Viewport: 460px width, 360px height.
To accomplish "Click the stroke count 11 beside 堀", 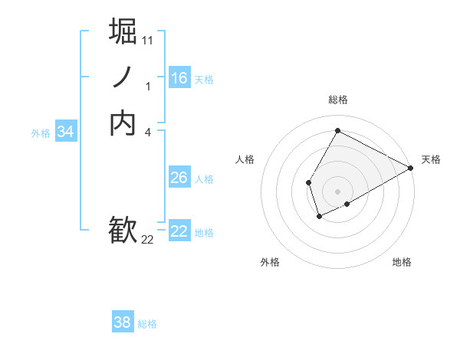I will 148,39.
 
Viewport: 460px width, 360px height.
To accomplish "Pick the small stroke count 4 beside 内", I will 148,133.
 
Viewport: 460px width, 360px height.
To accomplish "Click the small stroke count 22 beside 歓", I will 148,240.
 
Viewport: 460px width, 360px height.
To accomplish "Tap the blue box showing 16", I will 179,78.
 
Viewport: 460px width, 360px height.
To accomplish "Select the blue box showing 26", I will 179,178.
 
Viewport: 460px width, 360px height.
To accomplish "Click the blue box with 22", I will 179,231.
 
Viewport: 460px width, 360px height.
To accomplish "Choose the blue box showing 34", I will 66,132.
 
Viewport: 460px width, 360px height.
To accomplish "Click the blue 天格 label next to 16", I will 204,80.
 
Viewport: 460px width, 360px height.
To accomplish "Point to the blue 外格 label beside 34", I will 41,133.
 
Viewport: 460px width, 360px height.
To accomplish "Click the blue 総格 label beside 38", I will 147,324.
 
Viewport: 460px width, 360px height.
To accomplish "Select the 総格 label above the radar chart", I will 337,100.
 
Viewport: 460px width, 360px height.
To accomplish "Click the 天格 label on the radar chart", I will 431,159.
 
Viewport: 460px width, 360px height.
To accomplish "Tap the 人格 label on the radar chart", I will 245,159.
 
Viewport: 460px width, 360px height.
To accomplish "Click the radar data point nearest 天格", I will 411,168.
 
